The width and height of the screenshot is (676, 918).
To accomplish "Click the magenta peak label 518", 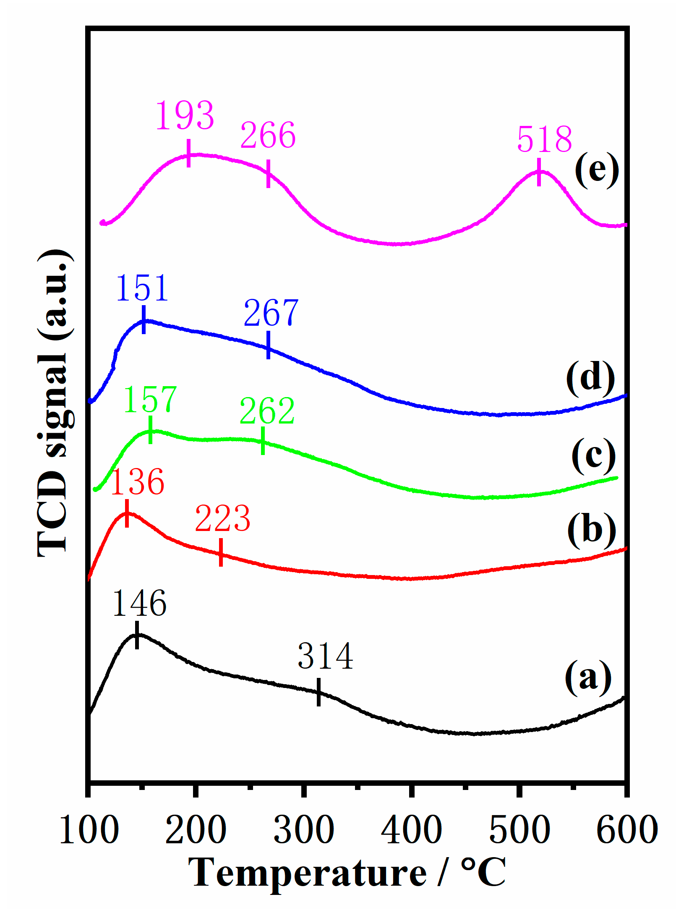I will (544, 139).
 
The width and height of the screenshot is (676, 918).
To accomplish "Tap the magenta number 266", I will (268, 135).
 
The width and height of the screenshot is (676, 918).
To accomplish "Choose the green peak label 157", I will (150, 400).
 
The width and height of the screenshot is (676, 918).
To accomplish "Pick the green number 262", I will (267, 411).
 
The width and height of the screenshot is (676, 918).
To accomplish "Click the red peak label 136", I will (137, 482).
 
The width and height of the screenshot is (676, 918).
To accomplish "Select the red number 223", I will (222, 519).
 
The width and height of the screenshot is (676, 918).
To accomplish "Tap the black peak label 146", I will (139, 604).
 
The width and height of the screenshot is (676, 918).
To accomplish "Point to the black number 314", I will (325, 656).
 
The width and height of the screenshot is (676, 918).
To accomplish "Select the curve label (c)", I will (593, 455).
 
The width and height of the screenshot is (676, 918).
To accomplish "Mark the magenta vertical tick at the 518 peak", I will (539, 172).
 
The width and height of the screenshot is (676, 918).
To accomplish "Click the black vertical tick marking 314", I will (319, 692).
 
